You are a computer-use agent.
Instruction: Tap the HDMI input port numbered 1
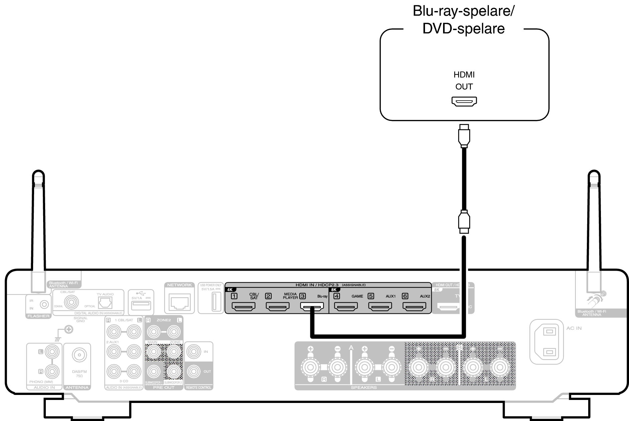(243, 306)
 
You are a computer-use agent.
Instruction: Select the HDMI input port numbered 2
(278, 306)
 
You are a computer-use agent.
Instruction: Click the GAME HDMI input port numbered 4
(346, 306)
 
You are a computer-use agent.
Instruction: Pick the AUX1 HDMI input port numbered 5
(380, 306)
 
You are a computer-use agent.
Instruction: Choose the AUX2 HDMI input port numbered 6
(414, 306)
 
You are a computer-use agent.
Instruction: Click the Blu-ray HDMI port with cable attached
(312, 306)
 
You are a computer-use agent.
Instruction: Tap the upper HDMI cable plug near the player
(464, 135)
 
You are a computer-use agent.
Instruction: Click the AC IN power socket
(546, 341)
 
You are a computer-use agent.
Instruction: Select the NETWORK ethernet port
(180, 302)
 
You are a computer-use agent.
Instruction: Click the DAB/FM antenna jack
(79, 355)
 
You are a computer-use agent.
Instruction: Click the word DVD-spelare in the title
(463, 28)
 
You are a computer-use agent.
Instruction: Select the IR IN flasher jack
(44, 304)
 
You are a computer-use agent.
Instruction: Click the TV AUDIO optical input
(105, 303)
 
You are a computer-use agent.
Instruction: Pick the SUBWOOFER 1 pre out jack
(153, 371)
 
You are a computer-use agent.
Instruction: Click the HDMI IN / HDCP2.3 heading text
(317, 285)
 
